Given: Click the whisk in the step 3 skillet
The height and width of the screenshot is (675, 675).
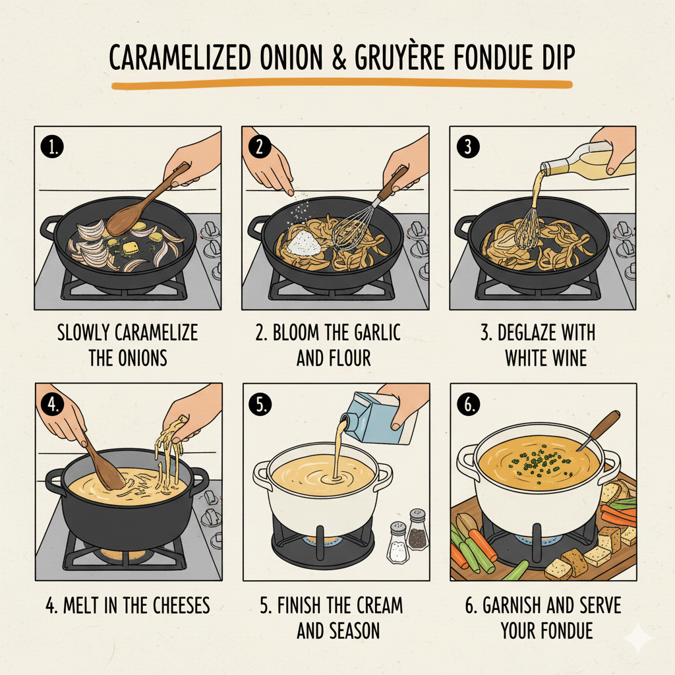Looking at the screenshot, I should point(527,231).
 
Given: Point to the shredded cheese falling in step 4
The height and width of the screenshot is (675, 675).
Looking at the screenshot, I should point(168,455).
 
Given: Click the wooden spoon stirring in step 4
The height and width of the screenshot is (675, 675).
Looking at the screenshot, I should point(105,465).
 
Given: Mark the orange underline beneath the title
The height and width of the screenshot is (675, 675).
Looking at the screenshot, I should point(341,84).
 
